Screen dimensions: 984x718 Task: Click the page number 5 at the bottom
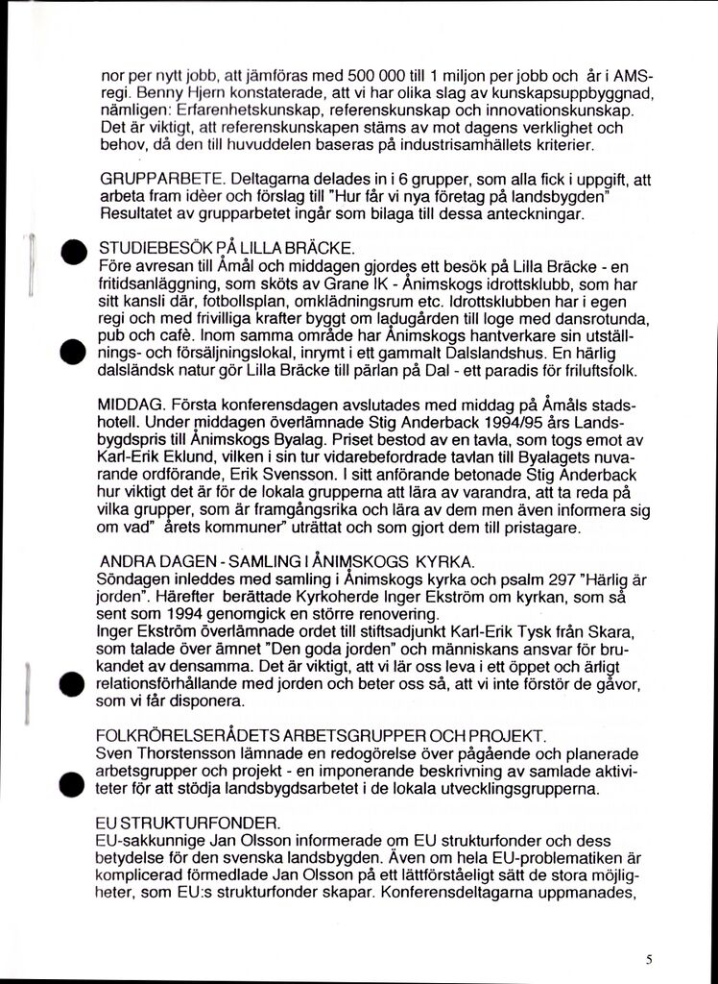(x=650, y=958)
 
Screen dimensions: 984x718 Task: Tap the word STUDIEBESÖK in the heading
(x=149, y=248)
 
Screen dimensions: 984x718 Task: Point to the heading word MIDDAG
(x=131, y=407)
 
